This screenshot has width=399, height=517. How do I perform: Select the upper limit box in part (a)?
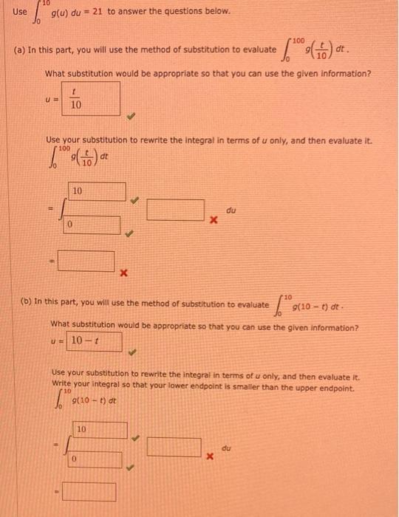[98, 191]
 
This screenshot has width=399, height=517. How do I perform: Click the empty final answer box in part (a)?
[87, 260]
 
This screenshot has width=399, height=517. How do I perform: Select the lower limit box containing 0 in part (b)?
[95, 459]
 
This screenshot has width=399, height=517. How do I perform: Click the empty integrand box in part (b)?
[174, 446]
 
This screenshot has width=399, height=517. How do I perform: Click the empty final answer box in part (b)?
[88, 491]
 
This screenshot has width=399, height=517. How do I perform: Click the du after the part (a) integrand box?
[232, 210]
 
